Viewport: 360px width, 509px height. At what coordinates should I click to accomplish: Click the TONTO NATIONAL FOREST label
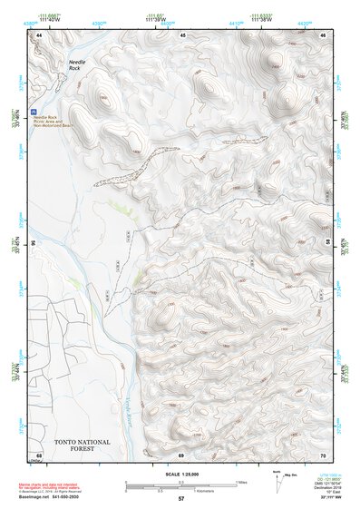pyautogui.click(x=83, y=445)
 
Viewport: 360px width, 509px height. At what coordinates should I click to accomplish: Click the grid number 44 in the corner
pyautogui.click(x=39, y=34)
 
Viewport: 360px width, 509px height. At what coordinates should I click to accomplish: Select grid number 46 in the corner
pyautogui.click(x=324, y=34)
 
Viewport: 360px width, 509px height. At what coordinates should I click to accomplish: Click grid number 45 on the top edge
pyautogui.click(x=182, y=34)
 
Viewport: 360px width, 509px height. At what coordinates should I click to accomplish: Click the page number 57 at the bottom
pyautogui.click(x=181, y=500)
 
